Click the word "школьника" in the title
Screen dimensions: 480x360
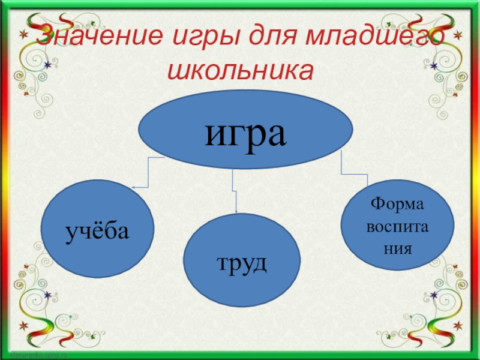pyautogui.click(x=241, y=71)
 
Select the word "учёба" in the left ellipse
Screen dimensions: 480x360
pyautogui.click(x=97, y=230)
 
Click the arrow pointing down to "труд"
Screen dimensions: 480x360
pyautogui.click(x=235, y=192)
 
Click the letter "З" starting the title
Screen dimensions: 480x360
pyautogui.click(x=44, y=40)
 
